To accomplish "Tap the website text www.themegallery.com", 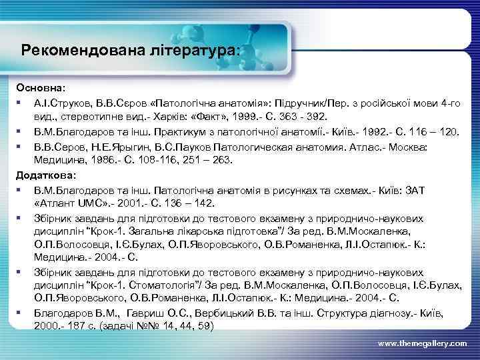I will pos(423,343).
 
